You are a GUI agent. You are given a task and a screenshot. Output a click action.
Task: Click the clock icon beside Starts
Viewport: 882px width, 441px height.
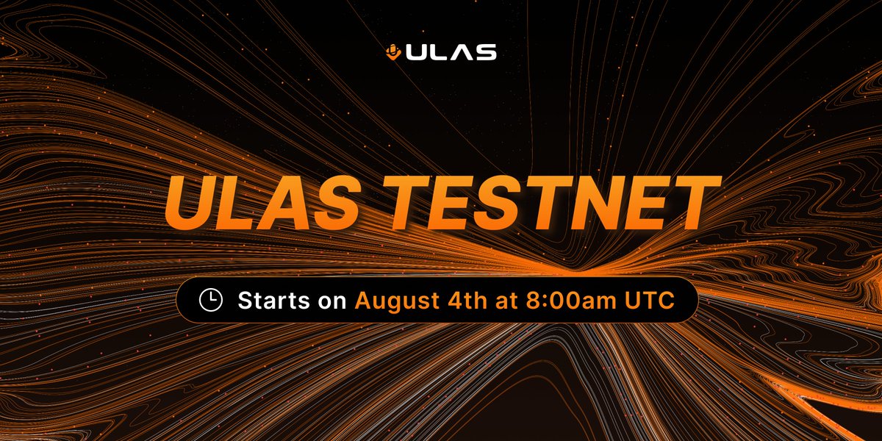coord(211,300)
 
